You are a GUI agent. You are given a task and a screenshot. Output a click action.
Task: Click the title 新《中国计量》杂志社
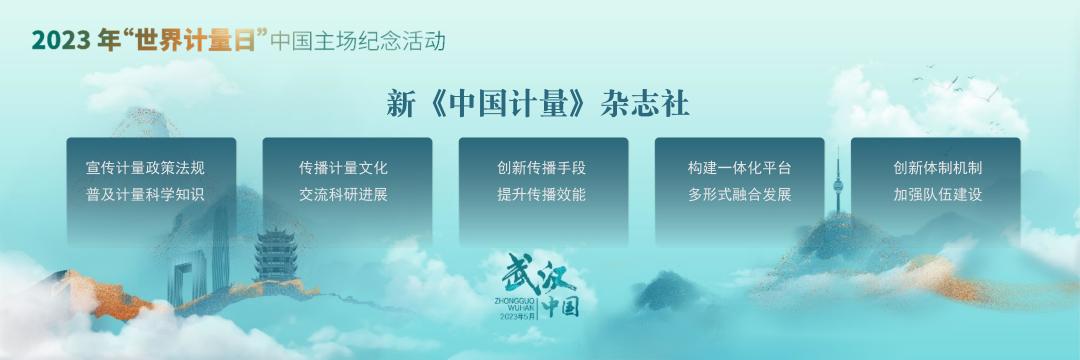pyautogui.click(x=539, y=103)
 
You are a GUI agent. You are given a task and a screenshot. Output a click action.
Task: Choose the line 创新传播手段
pyautogui.click(x=541, y=167)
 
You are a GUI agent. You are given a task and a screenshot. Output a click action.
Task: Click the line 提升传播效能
pyautogui.click(x=541, y=194)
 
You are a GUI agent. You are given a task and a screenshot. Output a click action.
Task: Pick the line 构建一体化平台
pyautogui.click(x=739, y=167)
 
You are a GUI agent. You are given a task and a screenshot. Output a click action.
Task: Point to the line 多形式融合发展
pyautogui.click(x=739, y=194)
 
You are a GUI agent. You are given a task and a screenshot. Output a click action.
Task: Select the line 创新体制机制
pyautogui.click(x=938, y=167)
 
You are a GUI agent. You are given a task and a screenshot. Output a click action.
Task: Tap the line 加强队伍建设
pyautogui.click(x=938, y=194)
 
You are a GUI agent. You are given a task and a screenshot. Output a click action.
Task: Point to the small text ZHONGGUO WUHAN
pyautogui.click(x=516, y=302)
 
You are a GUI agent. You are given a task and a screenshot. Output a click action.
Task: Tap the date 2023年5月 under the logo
pyautogui.click(x=519, y=315)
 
